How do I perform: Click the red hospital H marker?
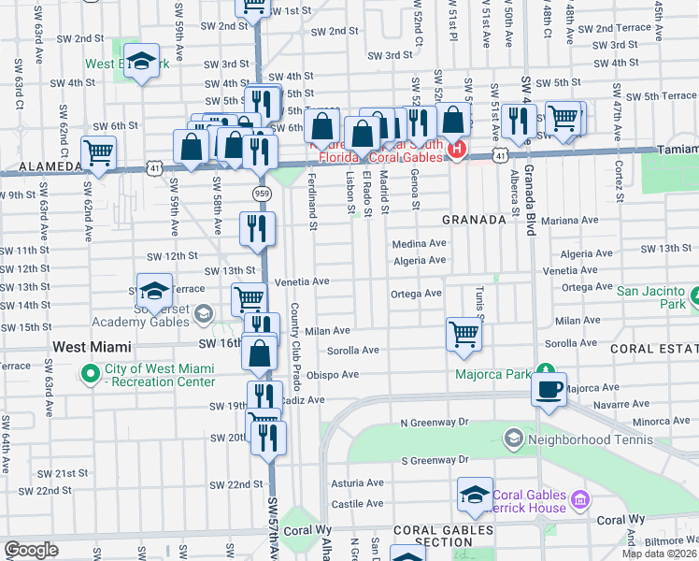coord(456,150)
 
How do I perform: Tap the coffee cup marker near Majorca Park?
coord(549,387)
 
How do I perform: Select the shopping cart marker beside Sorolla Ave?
coord(464,334)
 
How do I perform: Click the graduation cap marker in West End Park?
coord(141,62)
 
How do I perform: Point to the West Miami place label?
coord(90,346)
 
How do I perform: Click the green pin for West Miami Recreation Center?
coord(90,377)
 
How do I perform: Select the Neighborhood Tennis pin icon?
coord(513,438)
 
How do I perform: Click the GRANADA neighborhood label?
coord(474,219)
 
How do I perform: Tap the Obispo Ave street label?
coord(338,375)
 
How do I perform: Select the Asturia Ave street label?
coord(358,483)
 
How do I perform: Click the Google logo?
coord(31,550)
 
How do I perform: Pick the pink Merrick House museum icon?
coord(580,500)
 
